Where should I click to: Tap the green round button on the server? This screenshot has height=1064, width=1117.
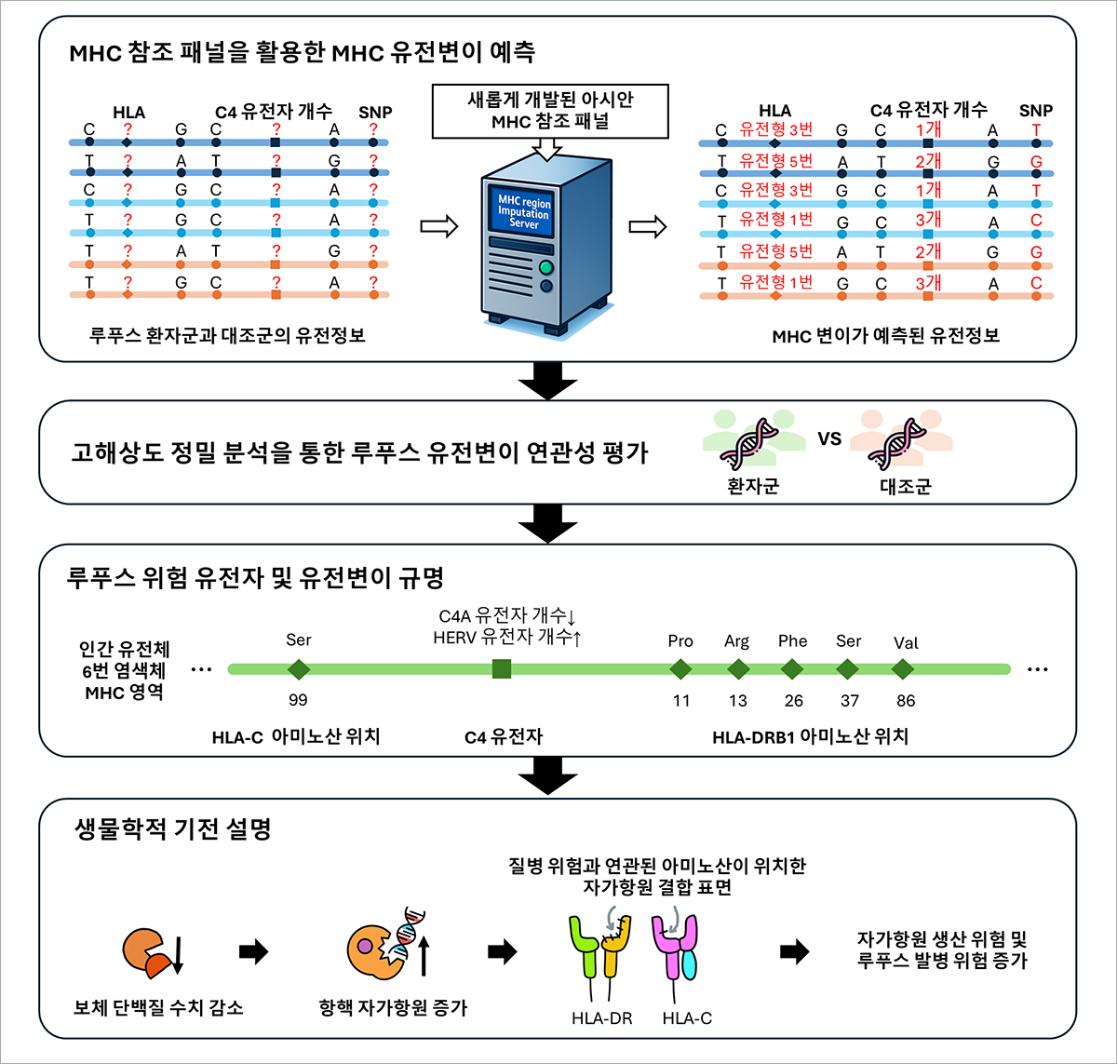[546, 267]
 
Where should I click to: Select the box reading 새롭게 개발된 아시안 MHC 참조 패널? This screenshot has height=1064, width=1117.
[550, 111]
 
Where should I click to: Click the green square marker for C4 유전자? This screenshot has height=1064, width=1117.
[501, 669]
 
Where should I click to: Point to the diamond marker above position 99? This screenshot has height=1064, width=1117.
[299, 669]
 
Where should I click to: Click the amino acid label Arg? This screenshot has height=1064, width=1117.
[737, 641]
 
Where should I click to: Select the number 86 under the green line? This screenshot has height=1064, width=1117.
[906, 701]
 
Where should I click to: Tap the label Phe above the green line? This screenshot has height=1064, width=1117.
[792, 641]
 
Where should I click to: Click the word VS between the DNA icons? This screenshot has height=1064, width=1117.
[829, 438]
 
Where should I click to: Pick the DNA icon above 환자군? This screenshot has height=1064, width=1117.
[748, 443]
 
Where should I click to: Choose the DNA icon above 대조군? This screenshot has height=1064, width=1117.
[896, 443]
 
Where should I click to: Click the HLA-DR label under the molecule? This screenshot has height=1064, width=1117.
[601, 1018]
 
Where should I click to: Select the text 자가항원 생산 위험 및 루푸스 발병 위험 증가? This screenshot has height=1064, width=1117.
[942, 950]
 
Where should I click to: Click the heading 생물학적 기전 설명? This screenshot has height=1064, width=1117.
[173, 828]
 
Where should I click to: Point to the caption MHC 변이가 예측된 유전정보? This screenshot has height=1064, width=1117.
[885, 336]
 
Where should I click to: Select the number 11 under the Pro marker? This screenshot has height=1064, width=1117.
[681, 701]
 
